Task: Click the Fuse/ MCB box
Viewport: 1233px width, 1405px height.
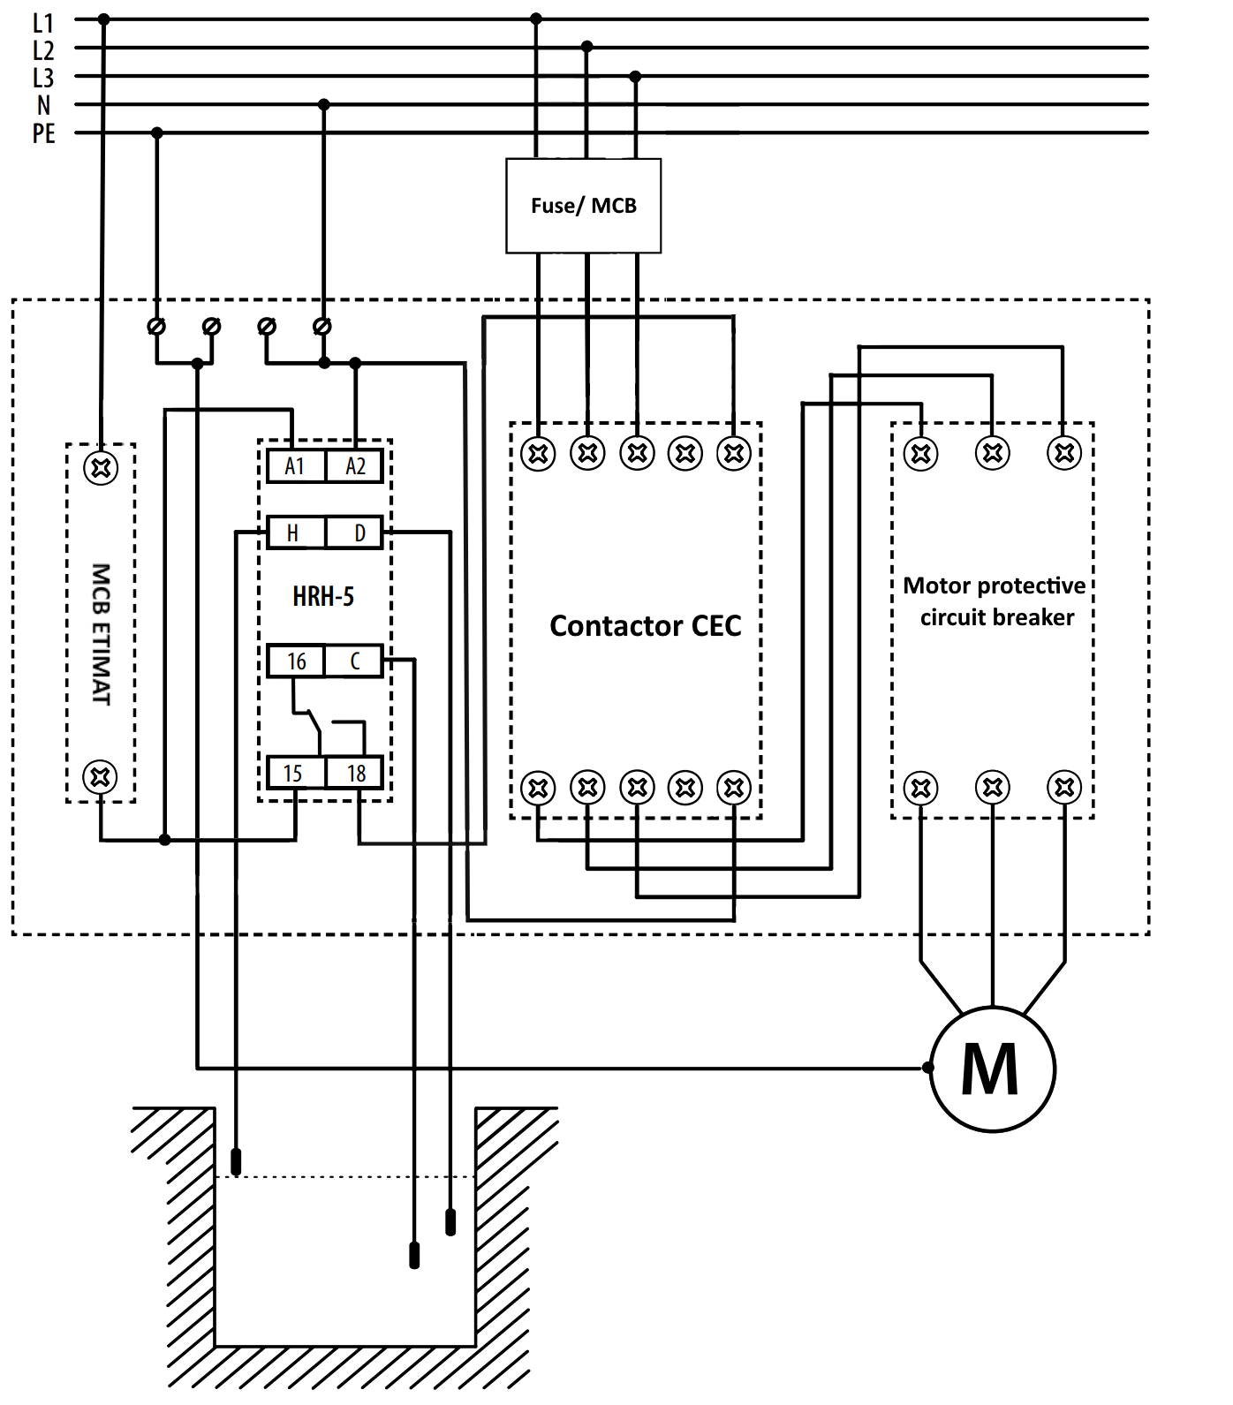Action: [583, 206]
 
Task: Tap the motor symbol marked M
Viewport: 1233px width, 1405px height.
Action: [992, 1069]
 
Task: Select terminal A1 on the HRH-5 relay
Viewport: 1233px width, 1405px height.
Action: [295, 466]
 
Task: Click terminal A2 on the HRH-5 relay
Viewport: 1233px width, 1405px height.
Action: [355, 466]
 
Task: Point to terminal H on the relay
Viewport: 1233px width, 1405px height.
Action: [294, 533]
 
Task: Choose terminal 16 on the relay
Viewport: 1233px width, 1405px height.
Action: [296, 661]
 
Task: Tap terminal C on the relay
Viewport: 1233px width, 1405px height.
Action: [355, 661]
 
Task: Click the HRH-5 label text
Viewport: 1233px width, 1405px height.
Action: [323, 597]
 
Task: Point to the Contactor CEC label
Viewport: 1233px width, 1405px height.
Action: [645, 625]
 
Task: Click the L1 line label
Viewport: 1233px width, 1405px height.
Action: [43, 22]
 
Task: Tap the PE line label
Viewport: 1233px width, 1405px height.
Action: [43, 134]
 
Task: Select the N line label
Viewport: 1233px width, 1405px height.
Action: [43, 106]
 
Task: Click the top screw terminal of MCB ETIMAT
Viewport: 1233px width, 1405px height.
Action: [101, 467]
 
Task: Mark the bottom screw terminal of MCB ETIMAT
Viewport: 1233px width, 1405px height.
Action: [101, 777]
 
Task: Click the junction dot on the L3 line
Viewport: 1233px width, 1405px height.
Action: [635, 77]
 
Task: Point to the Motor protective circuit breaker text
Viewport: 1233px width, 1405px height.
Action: [995, 601]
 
